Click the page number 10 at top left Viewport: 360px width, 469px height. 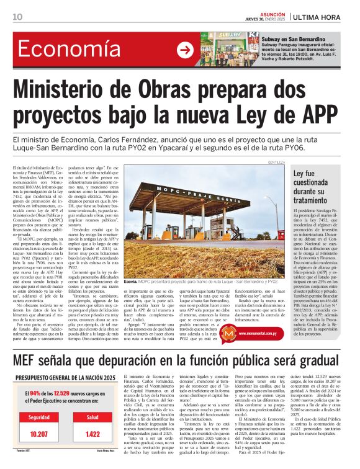pyautogui.click(x=17, y=16)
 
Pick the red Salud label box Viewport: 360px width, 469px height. pyautogui.click(x=94, y=418)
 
